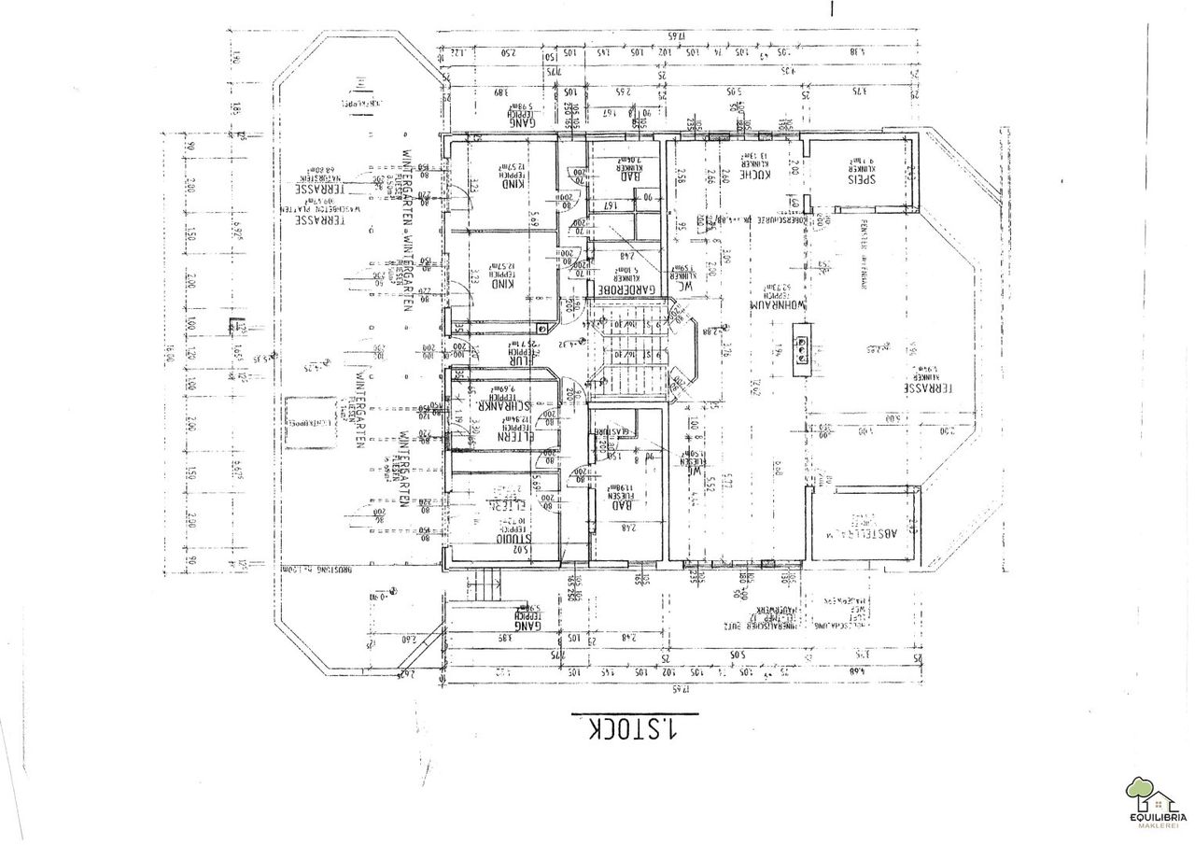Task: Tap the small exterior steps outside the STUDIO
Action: pyautogui.click(x=485, y=586)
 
